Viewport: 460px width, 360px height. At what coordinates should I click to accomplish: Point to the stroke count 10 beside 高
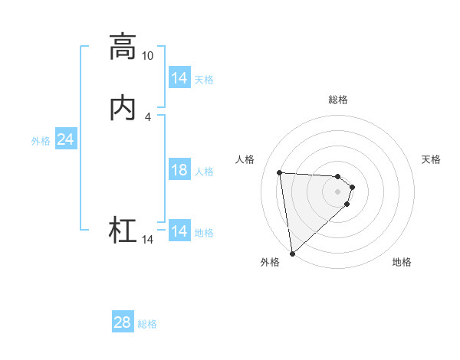(x=147, y=56)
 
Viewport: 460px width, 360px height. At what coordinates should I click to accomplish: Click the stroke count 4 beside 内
(x=147, y=117)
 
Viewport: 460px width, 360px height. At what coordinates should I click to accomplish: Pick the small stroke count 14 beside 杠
(x=147, y=240)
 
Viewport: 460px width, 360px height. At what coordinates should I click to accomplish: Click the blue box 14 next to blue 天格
(x=179, y=79)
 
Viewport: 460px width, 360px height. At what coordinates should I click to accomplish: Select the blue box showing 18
(x=179, y=171)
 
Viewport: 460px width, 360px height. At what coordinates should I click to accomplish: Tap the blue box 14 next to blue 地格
(x=179, y=231)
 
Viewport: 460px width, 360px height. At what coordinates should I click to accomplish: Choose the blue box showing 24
(x=66, y=140)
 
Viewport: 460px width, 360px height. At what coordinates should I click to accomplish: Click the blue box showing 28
(x=123, y=323)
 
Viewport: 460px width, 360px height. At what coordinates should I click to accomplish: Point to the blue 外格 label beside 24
(x=41, y=141)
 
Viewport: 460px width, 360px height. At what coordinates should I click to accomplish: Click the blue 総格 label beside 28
(x=147, y=324)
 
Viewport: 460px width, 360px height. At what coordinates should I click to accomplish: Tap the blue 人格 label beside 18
(x=205, y=172)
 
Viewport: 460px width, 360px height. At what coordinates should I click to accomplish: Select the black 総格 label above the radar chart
(x=338, y=100)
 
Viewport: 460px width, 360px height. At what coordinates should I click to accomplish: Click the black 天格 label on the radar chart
(x=431, y=159)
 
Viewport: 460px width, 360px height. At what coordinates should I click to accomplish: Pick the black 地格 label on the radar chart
(x=402, y=263)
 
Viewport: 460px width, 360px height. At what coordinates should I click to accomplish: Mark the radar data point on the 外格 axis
(x=292, y=253)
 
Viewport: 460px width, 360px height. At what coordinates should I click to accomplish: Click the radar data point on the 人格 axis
(x=280, y=172)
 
